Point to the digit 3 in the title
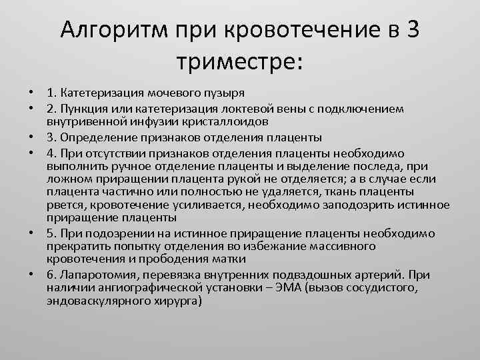click(411, 31)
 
